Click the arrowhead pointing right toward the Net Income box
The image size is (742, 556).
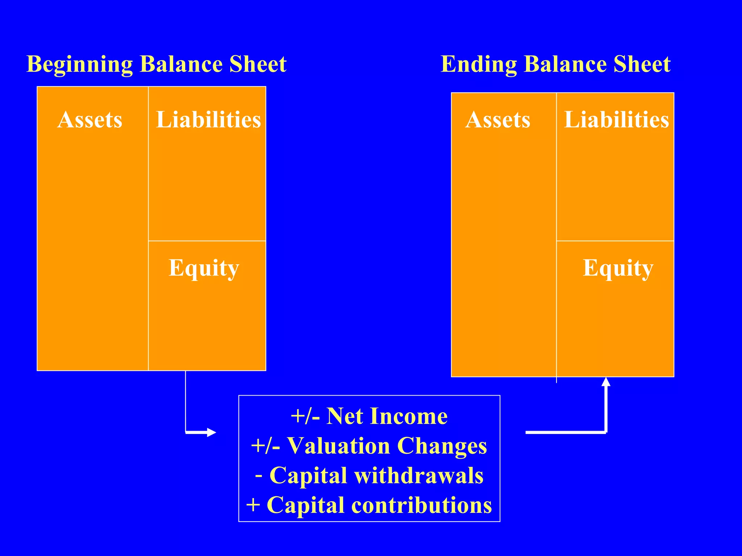(x=212, y=432)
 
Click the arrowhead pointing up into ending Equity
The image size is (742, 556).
(x=606, y=382)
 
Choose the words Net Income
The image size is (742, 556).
(x=387, y=416)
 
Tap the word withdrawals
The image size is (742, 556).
(x=419, y=475)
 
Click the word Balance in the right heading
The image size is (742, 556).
(x=565, y=64)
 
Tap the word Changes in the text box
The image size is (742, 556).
(x=442, y=446)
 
